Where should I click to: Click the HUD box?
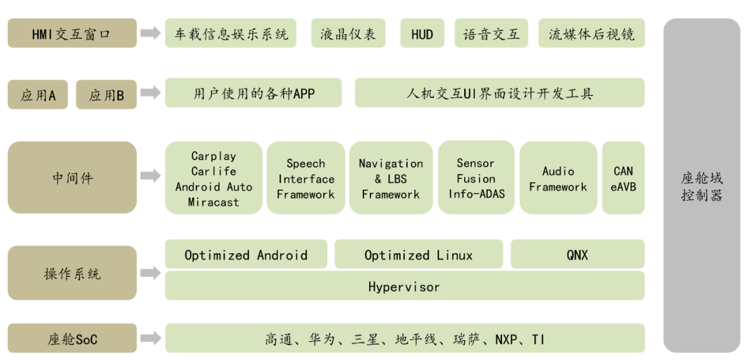point(422,34)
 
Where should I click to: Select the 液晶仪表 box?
point(347,34)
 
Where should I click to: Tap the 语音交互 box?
point(491,34)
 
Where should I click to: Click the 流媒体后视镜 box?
point(591,34)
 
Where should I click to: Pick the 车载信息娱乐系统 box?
point(231,34)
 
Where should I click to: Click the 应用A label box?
point(38,95)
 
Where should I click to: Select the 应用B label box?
point(106,95)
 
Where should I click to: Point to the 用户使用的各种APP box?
point(253,93)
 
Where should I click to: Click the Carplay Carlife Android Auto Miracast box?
point(214,178)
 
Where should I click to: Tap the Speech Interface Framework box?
point(305,178)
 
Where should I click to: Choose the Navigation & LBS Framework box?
point(391,178)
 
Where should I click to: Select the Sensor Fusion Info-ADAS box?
point(476,178)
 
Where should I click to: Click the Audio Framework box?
point(558,178)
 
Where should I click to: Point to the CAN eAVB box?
point(623,178)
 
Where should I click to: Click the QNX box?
point(577,254)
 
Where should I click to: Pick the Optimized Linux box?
point(418,254)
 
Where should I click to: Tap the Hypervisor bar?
point(404,286)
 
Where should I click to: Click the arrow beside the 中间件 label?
point(150,177)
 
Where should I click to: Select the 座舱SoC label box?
point(72,339)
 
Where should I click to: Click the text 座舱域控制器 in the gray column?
point(701,187)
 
